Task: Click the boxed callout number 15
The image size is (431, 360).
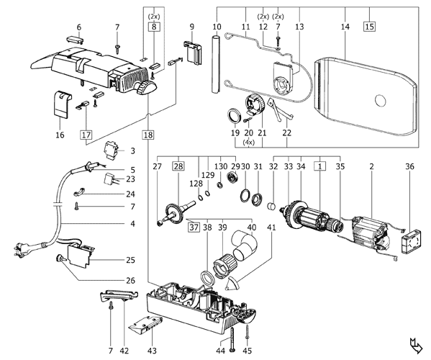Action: [370, 27]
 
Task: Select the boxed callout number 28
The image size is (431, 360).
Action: [178, 166]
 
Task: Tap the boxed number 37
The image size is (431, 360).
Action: [194, 228]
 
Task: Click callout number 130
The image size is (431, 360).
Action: [221, 166]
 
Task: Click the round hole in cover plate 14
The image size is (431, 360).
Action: [381, 101]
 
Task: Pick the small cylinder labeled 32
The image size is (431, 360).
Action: [271, 206]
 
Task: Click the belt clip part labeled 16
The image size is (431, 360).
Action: [61, 105]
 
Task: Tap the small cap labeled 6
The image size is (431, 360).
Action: [75, 39]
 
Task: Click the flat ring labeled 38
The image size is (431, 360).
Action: [207, 279]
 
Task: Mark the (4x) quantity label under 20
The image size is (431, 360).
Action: [248, 143]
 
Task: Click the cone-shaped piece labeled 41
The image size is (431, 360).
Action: [232, 284]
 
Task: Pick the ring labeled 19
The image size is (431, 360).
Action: [235, 115]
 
